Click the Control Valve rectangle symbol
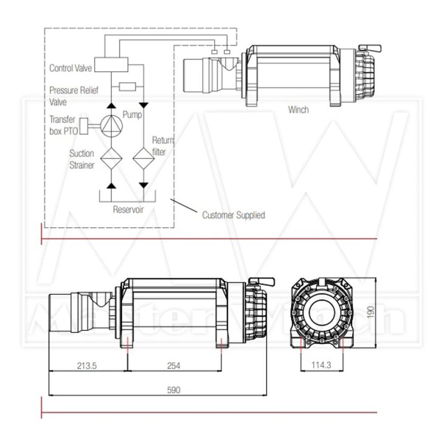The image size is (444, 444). [111, 64]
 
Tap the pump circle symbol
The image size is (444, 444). [112, 126]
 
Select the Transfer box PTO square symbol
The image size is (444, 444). [84, 126]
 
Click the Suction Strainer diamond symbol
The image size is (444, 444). [112, 159]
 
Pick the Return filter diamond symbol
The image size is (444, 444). [144, 159]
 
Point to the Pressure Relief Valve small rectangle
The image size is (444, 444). [127, 87]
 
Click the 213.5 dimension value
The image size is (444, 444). [87, 366]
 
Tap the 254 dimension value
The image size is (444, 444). [173, 366]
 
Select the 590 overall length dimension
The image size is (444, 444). [173, 390]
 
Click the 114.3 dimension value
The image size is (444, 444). [321, 365]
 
